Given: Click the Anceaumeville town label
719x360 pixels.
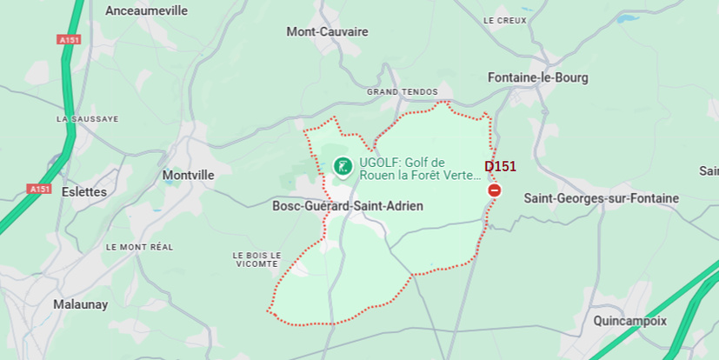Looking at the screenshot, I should pos(145,10).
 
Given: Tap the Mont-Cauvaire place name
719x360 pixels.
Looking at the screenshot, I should pos(327,31).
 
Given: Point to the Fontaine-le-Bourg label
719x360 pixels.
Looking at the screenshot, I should pos(537,77).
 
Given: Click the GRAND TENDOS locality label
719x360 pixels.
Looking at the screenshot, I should pos(402,91).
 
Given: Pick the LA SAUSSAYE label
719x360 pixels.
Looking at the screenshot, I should pos(87,118).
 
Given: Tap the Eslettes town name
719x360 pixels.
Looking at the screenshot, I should pos(84,191).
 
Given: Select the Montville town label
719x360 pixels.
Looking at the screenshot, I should pos(188,175).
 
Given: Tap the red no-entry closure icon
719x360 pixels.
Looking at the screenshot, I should pos(495,190).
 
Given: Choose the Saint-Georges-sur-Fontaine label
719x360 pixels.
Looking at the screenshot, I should pos(601,198).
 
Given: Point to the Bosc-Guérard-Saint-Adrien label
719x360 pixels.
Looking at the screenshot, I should pos(348,206).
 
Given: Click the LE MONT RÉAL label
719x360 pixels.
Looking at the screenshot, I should pos(139,247).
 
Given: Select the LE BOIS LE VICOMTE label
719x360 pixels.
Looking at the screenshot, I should pos(256,259).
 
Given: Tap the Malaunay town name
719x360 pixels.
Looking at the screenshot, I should pos(80,304).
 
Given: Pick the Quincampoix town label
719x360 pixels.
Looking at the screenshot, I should pos(629,320).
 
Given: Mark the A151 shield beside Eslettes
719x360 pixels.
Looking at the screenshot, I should pos(39,189).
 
